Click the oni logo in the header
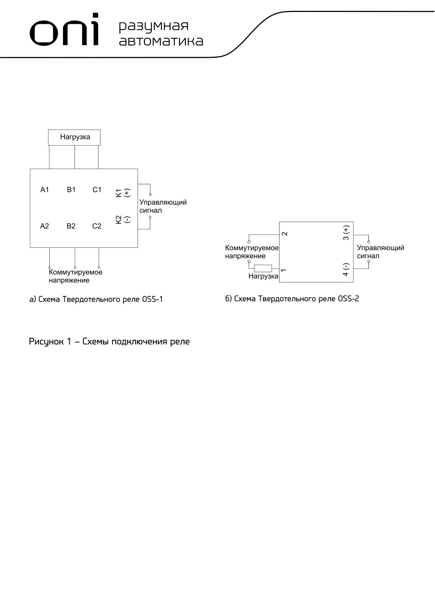[64, 31]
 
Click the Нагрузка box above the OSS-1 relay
[75, 137]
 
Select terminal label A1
[44, 190]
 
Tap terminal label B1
[71, 190]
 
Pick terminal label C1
[97, 190]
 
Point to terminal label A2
[44, 226]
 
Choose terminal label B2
[71, 226]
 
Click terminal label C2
[97, 226]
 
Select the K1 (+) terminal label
[123, 193]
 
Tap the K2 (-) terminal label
[123, 220]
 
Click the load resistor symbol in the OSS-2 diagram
[263, 269]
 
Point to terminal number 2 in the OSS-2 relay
[285, 234]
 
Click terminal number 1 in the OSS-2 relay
[284, 270]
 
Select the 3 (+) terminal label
[346, 233]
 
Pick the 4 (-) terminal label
[346, 269]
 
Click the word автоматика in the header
[161, 41]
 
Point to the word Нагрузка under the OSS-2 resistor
[263, 276]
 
